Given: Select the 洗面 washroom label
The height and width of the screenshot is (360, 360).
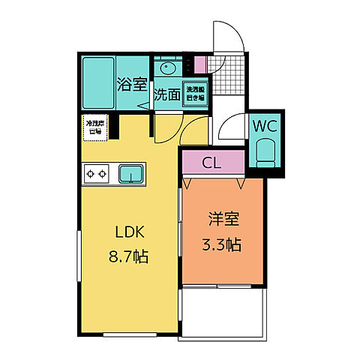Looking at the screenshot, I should pos(167,95).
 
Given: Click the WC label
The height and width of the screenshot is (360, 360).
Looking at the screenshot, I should pos(266,125).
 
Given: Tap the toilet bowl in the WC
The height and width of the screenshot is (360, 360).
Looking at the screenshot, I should pos(266,153).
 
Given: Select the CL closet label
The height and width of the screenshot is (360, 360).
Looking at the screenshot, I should pos(212,161).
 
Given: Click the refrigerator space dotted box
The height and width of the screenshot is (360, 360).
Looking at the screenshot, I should pos(94,127).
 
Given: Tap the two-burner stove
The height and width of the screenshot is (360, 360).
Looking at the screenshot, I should pos(97,175).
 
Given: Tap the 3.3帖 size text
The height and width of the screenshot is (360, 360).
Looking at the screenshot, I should pos(223,244).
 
